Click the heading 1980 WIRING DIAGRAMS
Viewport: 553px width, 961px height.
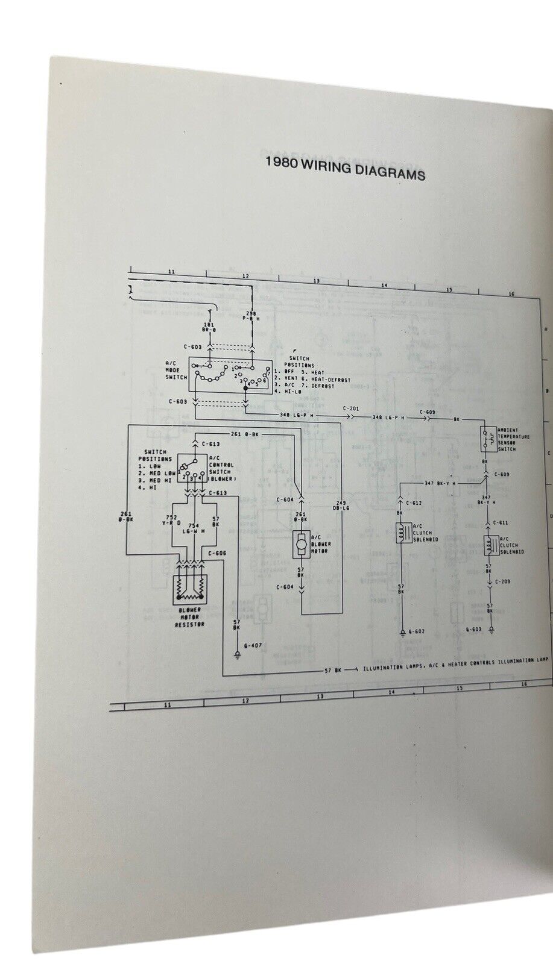coord(346,174)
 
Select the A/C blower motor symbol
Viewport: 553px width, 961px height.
coord(300,544)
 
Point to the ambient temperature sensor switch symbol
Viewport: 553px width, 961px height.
coord(484,440)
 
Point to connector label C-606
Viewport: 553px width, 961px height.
coord(217,552)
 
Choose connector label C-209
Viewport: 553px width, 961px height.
coord(503,582)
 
